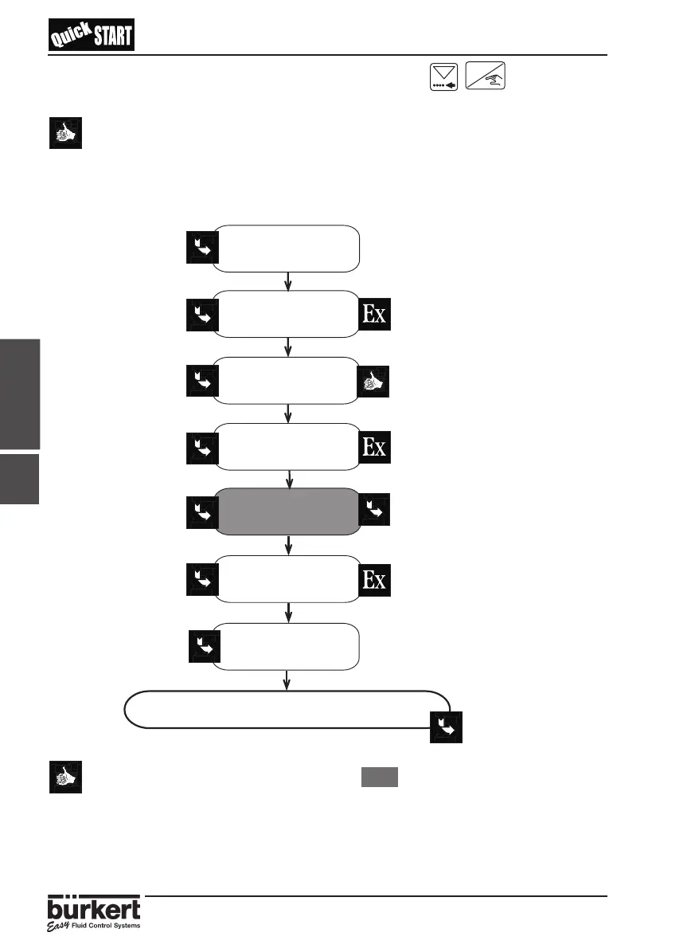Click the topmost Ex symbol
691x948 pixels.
pos(375,314)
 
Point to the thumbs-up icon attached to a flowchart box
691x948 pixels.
pos(375,381)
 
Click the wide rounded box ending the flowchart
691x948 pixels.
pos(287,708)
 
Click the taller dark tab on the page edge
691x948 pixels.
pos(20,394)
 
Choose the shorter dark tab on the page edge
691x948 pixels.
pos(20,479)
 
